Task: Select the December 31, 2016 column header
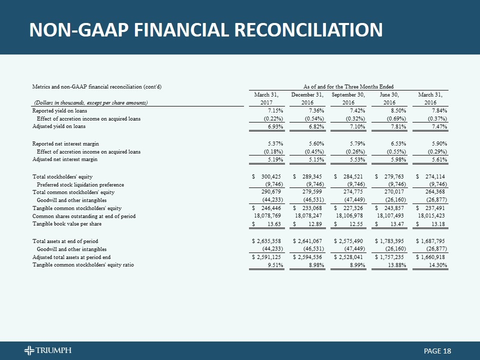coord(308,98)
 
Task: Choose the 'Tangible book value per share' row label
coord(66,223)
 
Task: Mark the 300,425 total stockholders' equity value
coord(273,176)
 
